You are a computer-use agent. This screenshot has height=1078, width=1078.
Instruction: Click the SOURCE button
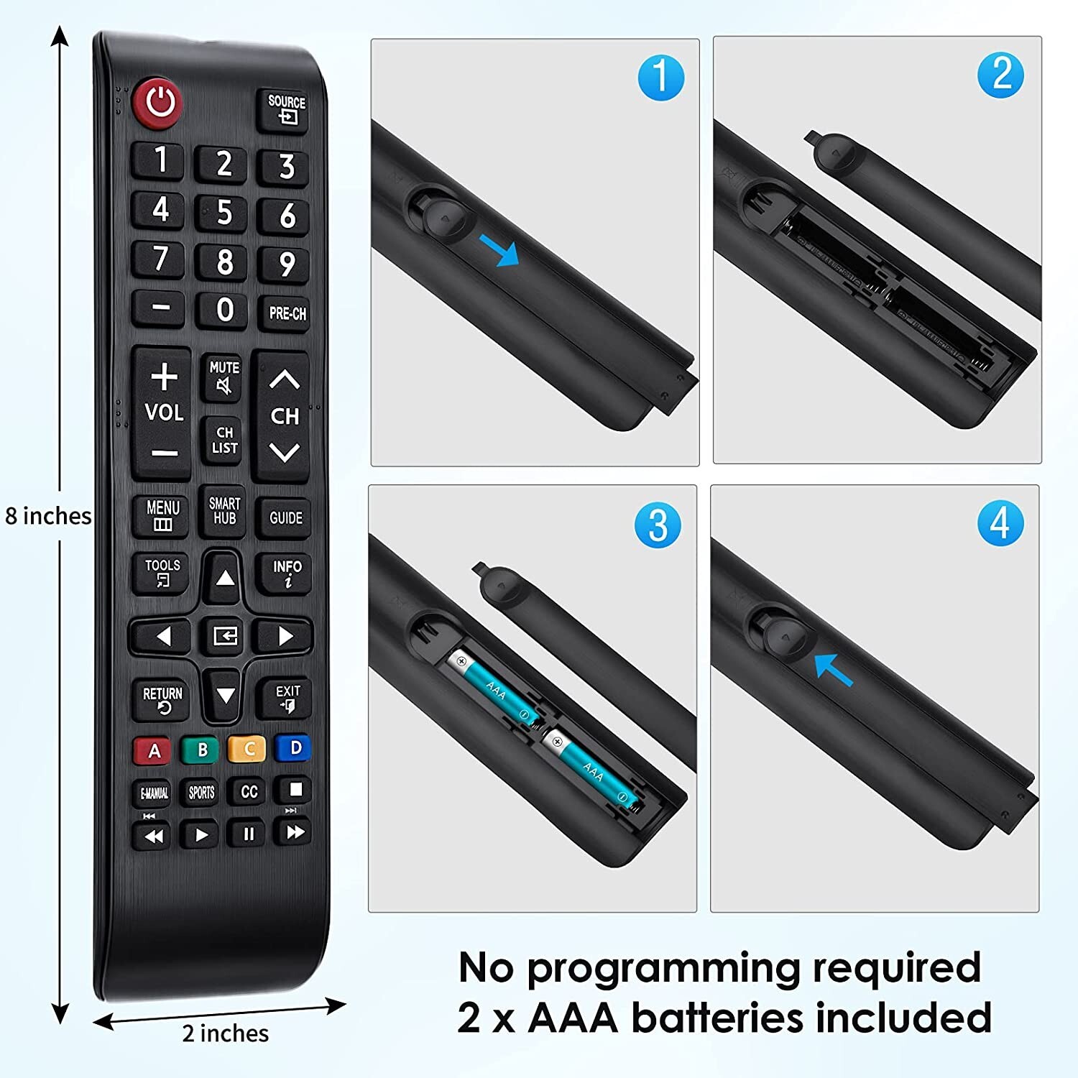[x=286, y=109]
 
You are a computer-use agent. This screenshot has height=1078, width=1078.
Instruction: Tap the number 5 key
[x=224, y=213]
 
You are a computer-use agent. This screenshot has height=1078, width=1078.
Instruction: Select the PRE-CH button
[x=287, y=313]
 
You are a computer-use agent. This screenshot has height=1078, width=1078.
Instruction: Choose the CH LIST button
[x=224, y=440]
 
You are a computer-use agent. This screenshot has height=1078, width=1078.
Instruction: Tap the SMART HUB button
[x=224, y=511]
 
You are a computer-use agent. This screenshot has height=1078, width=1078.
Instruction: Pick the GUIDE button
[x=285, y=517]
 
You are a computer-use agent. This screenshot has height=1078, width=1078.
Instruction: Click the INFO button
[x=287, y=573]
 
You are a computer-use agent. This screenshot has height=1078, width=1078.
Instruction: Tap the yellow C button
[x=247, y=749]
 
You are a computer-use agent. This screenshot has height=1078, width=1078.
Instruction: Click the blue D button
[x=294, y=748]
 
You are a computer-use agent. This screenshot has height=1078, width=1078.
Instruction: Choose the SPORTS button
[x=201, y=792]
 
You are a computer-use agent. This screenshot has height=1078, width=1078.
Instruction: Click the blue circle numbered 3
[x=658, y=525]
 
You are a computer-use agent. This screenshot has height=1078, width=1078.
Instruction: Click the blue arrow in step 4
[x=834, y=669]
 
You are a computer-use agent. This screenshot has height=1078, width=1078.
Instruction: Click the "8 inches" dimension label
[x=48, y=516]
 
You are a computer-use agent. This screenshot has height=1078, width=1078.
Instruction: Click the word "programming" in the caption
[x=663, y=968]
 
